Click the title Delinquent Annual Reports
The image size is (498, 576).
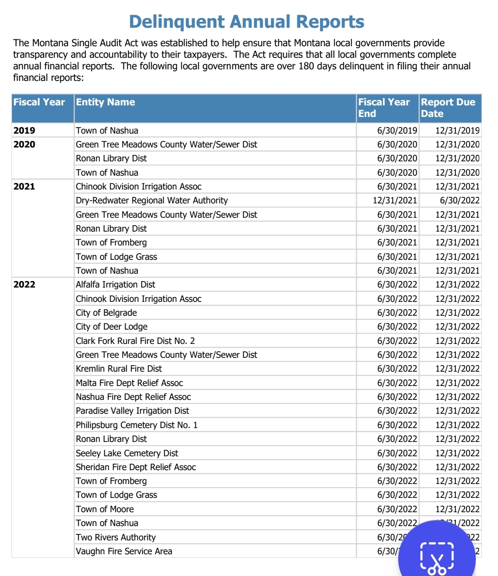[x=247, y=22]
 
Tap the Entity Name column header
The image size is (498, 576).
[x=105, y=102]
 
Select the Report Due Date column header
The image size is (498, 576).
[x=448, y=108]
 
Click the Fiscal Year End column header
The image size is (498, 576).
[x=384, y=108]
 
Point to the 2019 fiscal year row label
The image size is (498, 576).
[x=24, y=130]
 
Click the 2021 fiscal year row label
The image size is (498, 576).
[x=24, y=186]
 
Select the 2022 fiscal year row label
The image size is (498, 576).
[x=24, y=284]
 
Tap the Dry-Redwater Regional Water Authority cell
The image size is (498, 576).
[x=152, y=200]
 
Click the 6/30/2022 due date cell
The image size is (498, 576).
[x=460, y=200]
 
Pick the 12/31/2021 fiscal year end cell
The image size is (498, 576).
[x=395, y=200]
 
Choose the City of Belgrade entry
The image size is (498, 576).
[x=106, y=313]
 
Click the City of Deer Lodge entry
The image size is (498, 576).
[x=112, y=326]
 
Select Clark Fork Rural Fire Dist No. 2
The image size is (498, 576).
[x=135, y=341]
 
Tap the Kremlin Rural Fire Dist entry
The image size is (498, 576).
[x=119, y=368]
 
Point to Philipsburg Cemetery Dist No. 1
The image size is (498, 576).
[x=137, y=425]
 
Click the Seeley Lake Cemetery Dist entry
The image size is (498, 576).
[x=127, y=453]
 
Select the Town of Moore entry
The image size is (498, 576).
[x=105, y=509]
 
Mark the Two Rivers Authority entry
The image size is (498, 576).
[x=116, y=537]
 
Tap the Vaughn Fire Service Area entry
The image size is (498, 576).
[x=124, y=551]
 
